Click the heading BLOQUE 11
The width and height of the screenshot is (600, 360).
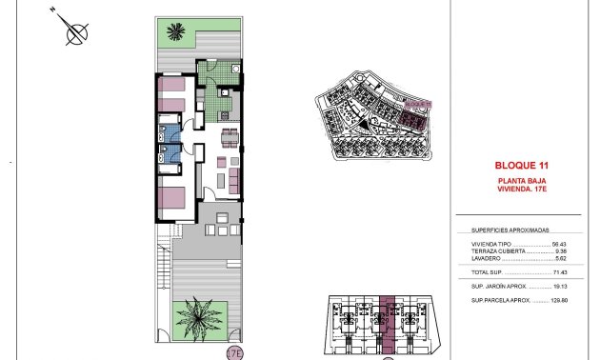(523, 163)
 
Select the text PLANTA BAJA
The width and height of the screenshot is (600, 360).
(523, 180)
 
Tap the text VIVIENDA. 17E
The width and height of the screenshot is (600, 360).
(523, 189)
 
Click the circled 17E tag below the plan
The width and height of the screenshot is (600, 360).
(234, 353)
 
